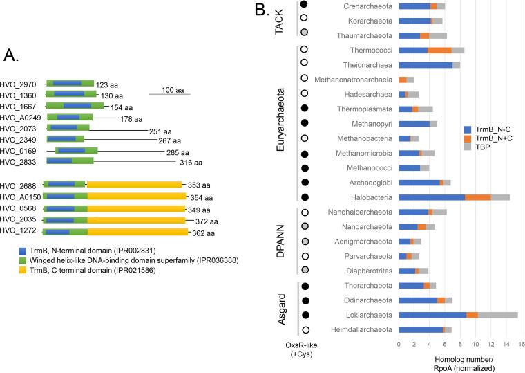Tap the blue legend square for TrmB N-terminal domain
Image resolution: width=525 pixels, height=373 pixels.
tap(23, 248)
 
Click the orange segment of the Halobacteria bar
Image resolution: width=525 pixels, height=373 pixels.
tap(478, 198)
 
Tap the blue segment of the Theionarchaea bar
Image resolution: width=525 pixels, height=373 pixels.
tap(426, 65)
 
